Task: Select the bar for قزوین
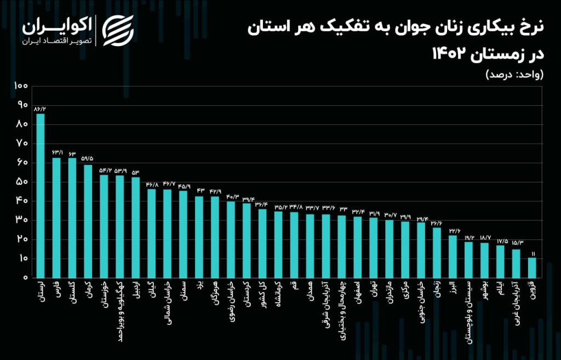click(x=531, y=268)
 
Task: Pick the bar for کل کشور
click(x=262, y=243)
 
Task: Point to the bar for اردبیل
click(x=136, y=227)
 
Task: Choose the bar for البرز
click(x=453, y=256)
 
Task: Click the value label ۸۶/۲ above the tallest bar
click(x=40, y=109)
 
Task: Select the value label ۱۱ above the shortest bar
click(x=531, y=253)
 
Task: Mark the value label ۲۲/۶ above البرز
click(x=453, y=231)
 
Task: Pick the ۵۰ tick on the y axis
click(x=21, y=182)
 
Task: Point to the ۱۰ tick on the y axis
click(x=22, y=259)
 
